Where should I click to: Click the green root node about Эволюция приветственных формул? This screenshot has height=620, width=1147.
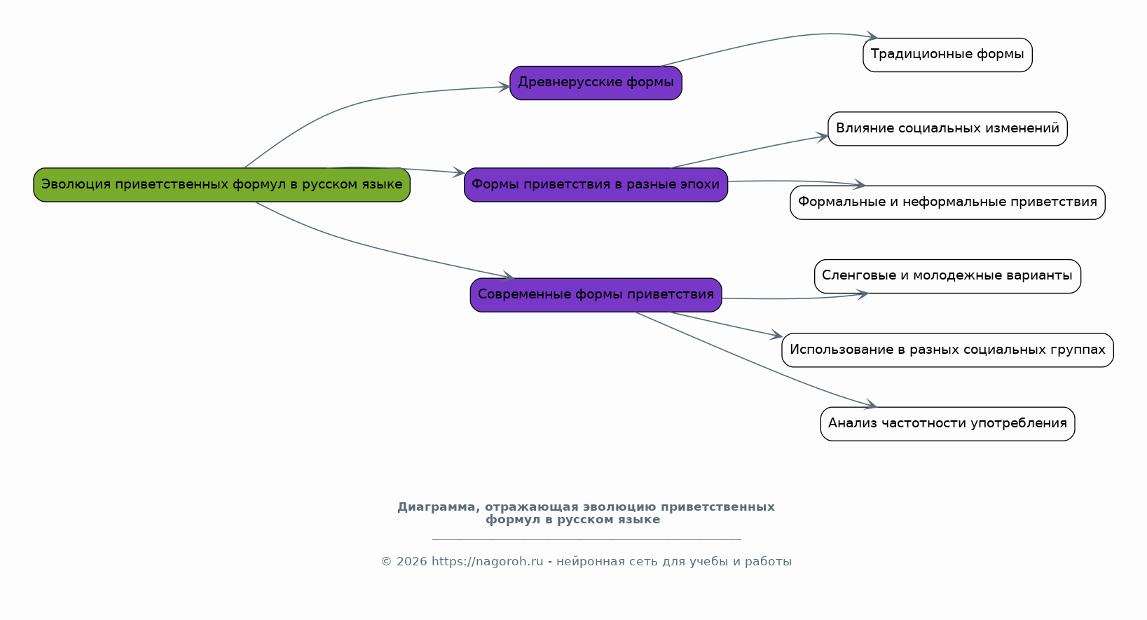221,185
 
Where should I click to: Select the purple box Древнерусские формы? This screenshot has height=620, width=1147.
596,83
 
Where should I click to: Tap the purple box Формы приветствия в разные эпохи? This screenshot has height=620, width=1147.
596,185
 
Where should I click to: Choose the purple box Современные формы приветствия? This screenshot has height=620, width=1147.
596,295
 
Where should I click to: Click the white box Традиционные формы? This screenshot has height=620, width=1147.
947,55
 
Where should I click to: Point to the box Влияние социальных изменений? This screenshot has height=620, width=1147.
947,129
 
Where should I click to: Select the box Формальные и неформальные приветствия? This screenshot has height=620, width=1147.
947,202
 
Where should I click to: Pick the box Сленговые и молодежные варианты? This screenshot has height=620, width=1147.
947,276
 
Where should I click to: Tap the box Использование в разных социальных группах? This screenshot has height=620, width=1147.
947,350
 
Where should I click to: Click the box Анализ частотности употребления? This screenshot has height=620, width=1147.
947,424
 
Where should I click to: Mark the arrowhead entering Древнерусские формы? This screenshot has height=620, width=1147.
504,87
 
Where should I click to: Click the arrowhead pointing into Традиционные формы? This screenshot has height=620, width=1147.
872,36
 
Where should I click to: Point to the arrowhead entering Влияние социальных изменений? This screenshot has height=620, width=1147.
823,137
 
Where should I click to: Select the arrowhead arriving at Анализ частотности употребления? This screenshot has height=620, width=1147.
871,405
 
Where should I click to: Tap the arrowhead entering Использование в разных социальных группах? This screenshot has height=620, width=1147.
776,337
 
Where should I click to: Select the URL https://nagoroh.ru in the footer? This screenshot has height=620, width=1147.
487,562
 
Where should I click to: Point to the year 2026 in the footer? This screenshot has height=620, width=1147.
411,562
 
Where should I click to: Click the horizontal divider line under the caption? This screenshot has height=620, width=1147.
586,540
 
